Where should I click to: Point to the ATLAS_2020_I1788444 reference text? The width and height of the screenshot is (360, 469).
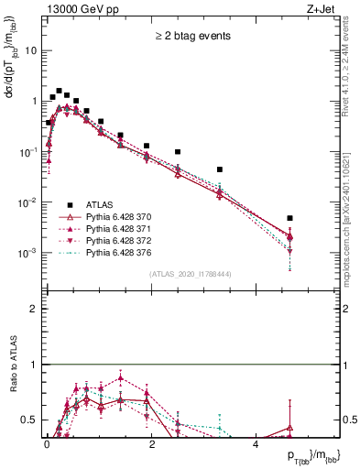pos(191,274)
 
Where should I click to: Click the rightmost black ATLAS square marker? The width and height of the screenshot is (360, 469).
pos(289,218)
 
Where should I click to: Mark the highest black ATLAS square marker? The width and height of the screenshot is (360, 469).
pos(59,92)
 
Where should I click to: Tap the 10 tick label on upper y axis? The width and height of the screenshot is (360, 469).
pos(31,50)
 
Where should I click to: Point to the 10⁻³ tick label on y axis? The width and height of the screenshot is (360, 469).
pos(28,252)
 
